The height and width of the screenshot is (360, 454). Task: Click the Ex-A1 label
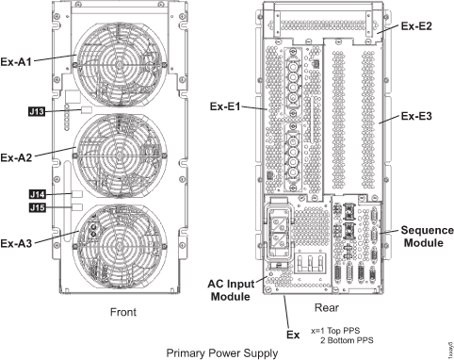click(21, 62)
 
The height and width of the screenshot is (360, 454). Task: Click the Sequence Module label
click(426, 237)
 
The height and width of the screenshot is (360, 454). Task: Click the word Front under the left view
click(122, 312)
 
